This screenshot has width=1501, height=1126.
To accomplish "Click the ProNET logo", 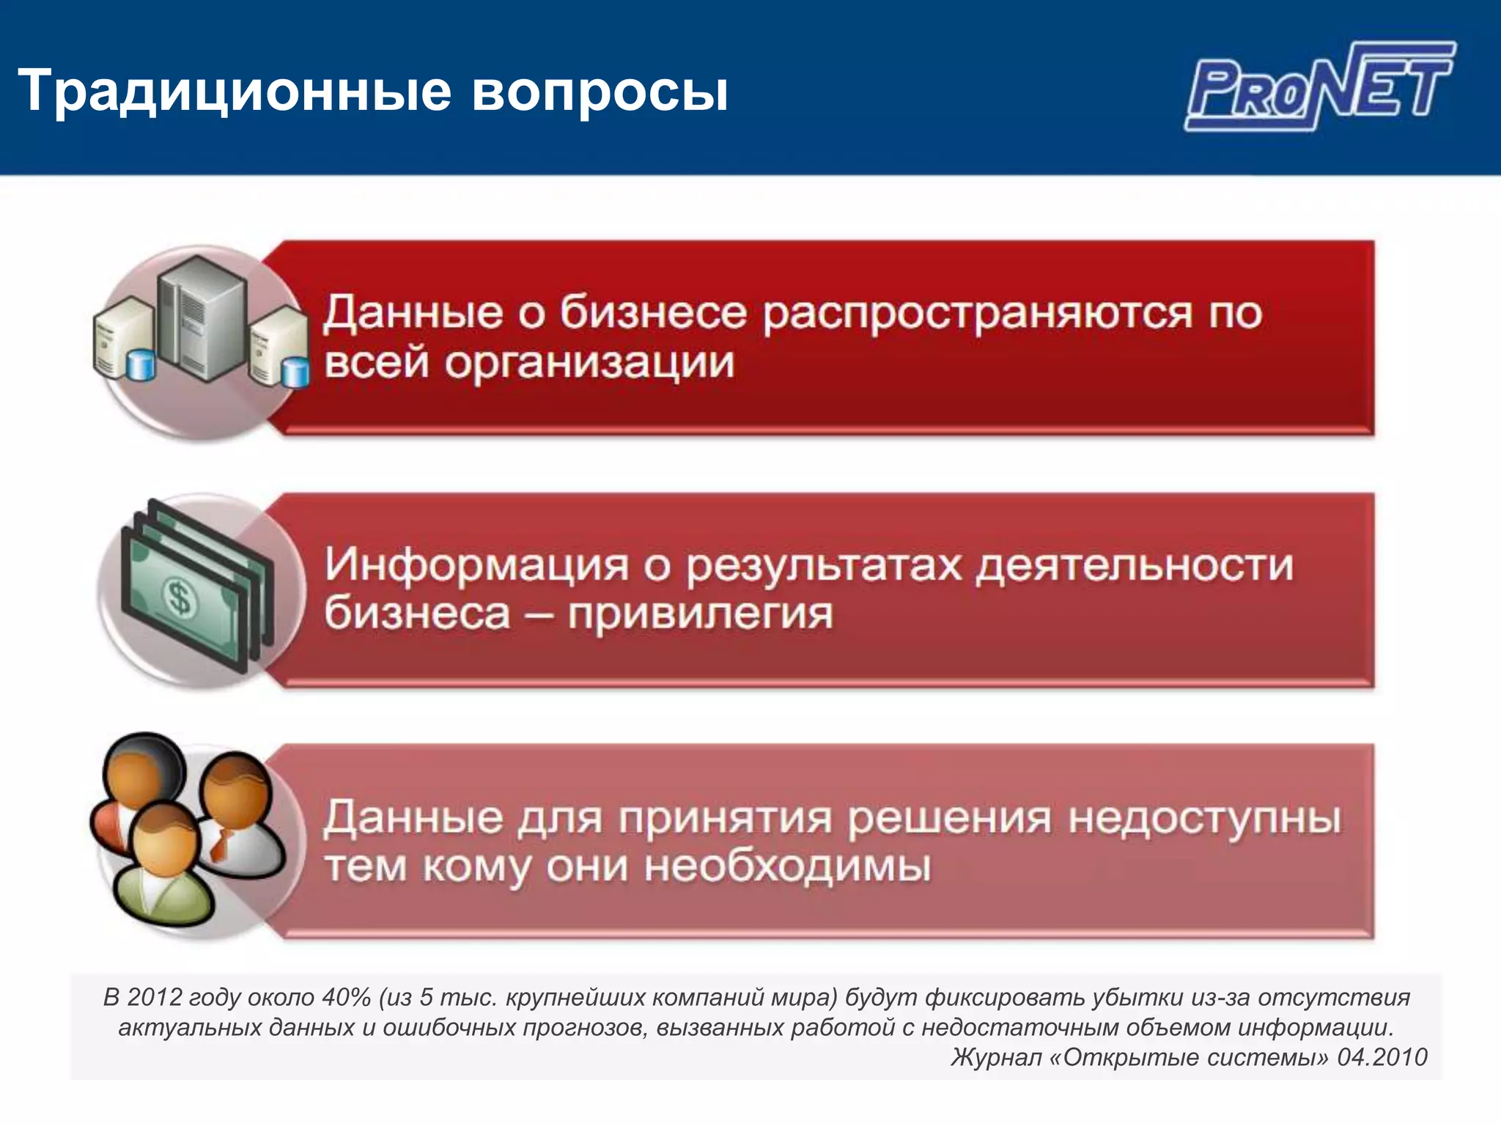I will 1319,87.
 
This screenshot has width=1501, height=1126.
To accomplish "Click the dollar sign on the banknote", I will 179,597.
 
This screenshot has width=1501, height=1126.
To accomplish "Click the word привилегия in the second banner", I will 700,614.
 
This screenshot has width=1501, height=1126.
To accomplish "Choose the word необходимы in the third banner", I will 787,867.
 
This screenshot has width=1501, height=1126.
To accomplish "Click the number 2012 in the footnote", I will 154,998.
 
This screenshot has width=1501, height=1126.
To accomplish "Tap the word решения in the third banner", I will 949,818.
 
